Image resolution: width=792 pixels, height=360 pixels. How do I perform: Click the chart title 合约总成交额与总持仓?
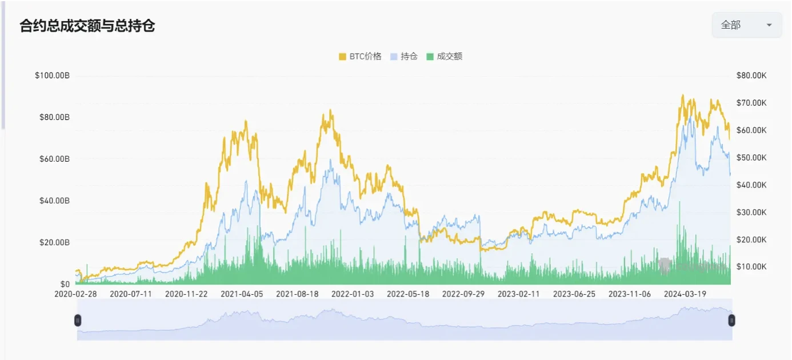pos(87,26)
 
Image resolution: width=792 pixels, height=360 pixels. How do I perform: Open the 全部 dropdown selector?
pos(746,25)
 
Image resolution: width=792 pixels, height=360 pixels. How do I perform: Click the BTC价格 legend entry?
pos(360,57)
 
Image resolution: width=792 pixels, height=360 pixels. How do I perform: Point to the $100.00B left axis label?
pos(52,75)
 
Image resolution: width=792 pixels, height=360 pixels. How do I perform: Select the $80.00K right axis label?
pos(751,75)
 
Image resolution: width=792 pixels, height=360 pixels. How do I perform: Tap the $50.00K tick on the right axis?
pos(751,158)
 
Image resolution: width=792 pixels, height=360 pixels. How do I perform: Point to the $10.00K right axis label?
pos(751,267)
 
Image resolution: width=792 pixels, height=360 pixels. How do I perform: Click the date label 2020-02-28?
pos(75,294)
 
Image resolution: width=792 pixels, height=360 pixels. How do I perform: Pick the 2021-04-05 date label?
pos(242,294)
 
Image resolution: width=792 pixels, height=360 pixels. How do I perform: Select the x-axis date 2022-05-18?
pos(408,294)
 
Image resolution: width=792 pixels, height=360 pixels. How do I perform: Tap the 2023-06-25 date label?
pos(574,294)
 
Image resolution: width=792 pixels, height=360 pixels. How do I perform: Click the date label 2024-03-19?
pos(685,294)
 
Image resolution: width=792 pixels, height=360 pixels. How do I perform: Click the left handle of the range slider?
pos(78,321)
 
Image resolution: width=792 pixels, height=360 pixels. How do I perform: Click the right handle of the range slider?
pos(731,321)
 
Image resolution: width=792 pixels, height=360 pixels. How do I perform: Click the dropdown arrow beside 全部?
pos(769,25)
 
